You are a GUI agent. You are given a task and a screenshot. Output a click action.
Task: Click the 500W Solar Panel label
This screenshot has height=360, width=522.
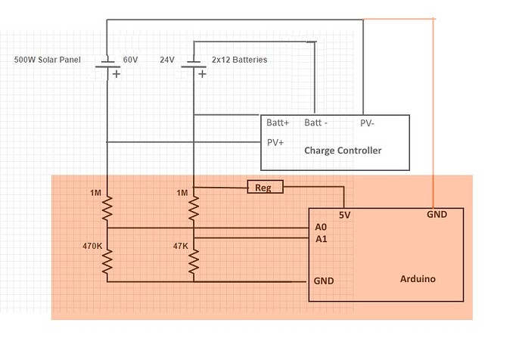click(48, 59)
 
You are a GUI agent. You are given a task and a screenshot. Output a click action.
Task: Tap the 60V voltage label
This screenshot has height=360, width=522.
click(131, 59)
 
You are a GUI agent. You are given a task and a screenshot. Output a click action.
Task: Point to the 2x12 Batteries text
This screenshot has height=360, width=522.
click(238, 59)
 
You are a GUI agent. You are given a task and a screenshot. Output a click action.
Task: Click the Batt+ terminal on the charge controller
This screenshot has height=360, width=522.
click(278, 122)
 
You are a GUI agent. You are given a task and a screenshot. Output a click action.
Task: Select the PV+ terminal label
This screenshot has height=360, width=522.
click(275, 141)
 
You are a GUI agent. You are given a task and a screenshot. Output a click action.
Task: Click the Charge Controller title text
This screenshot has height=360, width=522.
click(343, 151)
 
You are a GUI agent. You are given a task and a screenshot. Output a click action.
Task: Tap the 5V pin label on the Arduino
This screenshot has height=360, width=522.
click(345, 214)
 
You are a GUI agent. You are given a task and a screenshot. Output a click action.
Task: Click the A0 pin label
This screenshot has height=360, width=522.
click(321, 227)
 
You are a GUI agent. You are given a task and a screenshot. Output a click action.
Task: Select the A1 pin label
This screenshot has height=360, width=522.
click(321, 239)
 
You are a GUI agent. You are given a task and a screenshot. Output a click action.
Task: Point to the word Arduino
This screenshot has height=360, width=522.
click(418, 278)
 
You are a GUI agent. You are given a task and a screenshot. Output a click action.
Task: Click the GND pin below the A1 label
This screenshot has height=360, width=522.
click(324, 281)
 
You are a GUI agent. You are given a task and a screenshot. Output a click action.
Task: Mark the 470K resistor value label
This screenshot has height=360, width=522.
click(93, 246)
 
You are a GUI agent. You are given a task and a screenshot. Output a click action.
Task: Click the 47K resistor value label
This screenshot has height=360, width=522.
click(179, 246)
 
